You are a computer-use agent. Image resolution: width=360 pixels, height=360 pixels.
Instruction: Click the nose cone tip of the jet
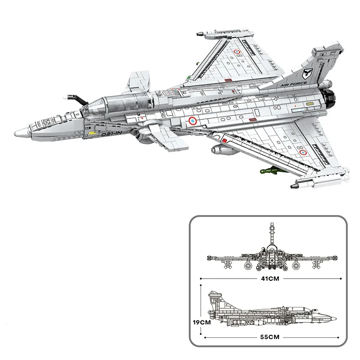[15, 133]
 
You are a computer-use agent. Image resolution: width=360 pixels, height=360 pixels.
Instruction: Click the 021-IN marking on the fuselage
[111, 134]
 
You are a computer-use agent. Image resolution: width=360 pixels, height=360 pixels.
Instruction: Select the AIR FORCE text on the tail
[293, 84]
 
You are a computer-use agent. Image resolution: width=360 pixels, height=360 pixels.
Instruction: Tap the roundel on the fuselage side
[193, 121]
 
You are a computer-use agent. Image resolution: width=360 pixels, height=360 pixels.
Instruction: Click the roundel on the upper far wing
[237, 52]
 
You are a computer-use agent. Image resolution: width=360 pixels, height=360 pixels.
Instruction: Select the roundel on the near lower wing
[303, 152]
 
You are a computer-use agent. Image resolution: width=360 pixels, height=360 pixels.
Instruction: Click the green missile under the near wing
[271, 171]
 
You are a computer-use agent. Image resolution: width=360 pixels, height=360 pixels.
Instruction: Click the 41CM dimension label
[270, 279]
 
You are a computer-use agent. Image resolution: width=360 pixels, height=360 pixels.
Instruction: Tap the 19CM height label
[202, 322]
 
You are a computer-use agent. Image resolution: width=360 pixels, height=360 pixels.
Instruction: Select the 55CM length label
[270, 337]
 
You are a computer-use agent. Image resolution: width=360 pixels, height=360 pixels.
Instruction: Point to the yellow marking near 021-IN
[93, 133]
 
